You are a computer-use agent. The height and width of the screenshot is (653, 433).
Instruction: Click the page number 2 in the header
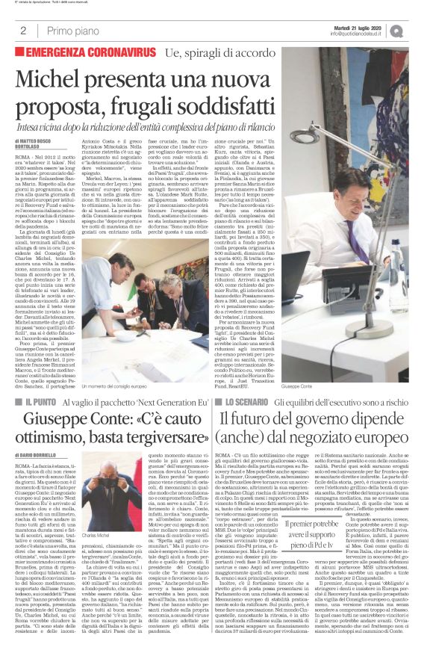(x=25, y=31)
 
